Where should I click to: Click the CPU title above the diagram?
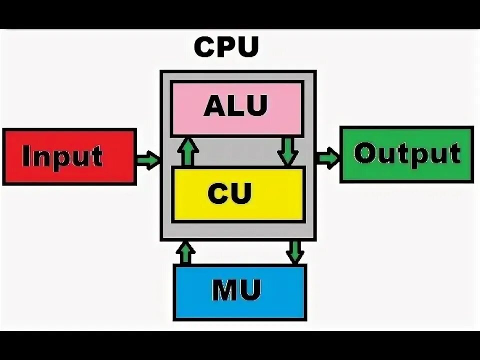coord(226,47)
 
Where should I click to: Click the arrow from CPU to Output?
coord(327,158)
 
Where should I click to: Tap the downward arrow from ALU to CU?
coord(287,151)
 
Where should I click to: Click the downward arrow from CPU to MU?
coord(295,252)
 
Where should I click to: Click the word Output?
coord(406,153)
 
